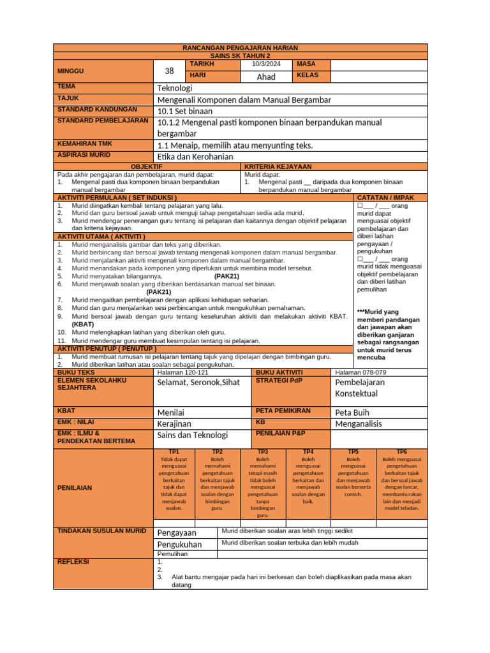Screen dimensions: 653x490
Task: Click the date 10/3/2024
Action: (265, 64)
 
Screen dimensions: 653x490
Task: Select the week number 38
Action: (169, 71)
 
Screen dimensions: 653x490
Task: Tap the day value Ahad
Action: (265, 77)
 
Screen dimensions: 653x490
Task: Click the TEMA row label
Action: (66, 86)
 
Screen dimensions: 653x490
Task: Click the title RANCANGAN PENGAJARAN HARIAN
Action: (240, 48)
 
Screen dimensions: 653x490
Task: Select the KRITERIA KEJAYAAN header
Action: (278, 166)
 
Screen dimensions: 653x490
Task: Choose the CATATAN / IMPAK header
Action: (390, 198)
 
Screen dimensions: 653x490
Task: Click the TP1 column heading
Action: (174, 451)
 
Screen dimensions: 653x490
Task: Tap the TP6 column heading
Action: (401, 451)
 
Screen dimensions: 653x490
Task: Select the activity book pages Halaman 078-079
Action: (360, 372)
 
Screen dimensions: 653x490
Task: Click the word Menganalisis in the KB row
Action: (359, 423)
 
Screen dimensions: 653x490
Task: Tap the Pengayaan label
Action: (177, 532)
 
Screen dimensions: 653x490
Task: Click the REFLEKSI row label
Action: (73, 562)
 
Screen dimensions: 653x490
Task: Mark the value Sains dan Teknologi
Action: (192, 435)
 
